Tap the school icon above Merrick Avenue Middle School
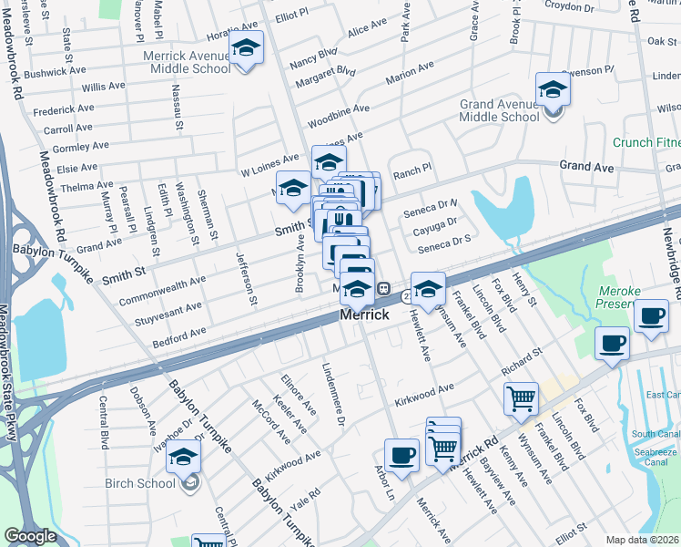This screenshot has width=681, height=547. click(x=246, y=47)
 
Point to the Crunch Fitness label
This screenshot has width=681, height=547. click(x=646, y=143)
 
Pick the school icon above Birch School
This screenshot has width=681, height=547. click(x=183, y=456)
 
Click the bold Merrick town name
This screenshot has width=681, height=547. click(x=364, y=315)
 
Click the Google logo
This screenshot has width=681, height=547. click(x=31, y=536)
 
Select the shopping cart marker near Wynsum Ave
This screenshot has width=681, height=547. click(x=521, y=397)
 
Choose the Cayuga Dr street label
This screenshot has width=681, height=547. click(x=434, y=224)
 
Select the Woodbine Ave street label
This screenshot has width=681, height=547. click(x=338, y=114)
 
